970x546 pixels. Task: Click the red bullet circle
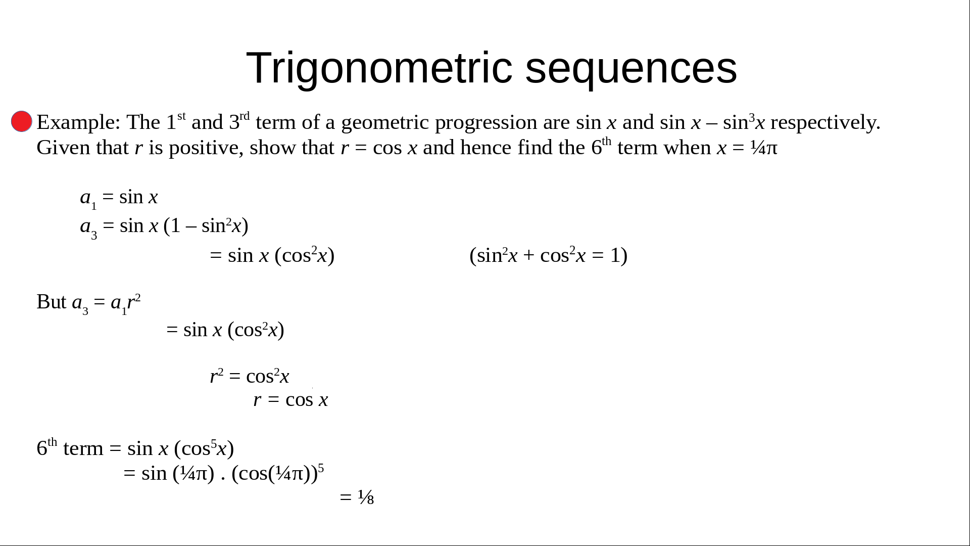coord(22,121)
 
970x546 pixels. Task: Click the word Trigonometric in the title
coord(379,68)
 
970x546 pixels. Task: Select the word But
coord(52,302)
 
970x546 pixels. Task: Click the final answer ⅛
coord(366,497)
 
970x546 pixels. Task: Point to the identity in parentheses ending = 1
coord(549,255)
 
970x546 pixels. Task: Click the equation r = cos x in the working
coord(290,399)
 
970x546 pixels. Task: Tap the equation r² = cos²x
coord(250,376)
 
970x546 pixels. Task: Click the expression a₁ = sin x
coord(119,197)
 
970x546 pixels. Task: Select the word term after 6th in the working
coord(83,448)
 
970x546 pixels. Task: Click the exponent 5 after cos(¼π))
coord(321,468)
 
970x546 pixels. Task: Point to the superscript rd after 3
coord(245,116)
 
